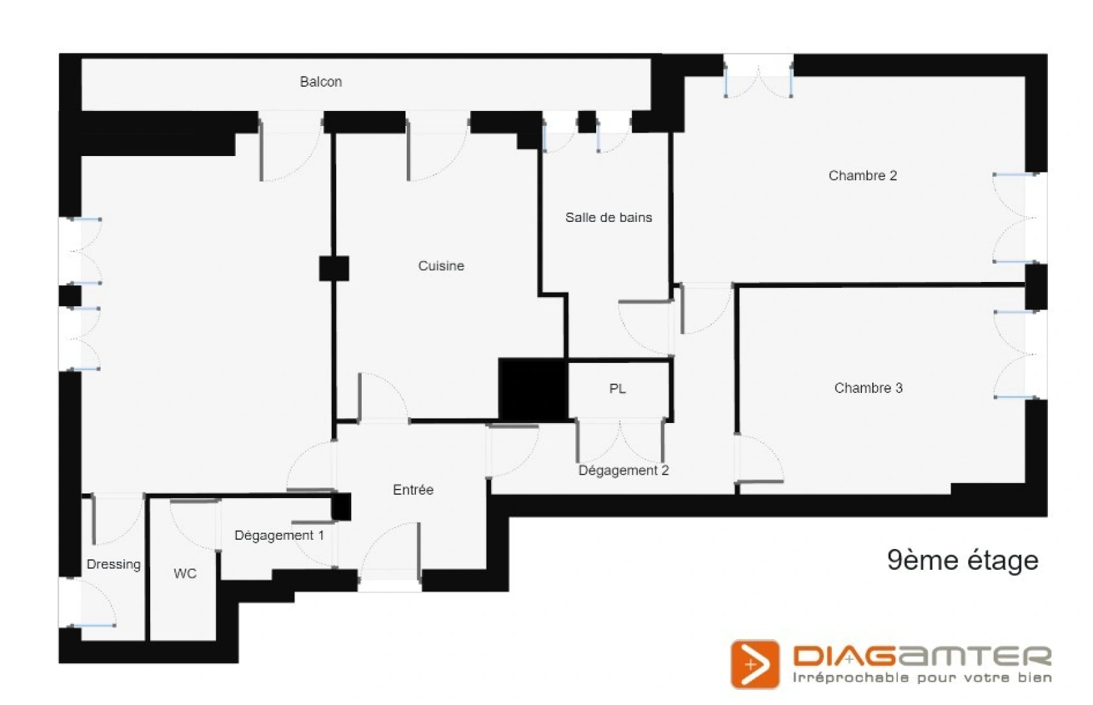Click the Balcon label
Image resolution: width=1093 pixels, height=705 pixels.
tap(321, 82)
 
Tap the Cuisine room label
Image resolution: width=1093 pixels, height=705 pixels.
tap(441, 266)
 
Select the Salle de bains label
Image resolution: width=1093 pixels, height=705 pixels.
tap(609, 217)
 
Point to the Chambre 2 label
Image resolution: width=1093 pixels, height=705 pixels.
tap(863, 176)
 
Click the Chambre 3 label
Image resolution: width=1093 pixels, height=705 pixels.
tap(868, 388)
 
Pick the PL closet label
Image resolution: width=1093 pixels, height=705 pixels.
tap(617, 389)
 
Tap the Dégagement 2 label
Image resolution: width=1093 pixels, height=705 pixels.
tap(624, 470)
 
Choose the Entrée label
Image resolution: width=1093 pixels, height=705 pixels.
tap(413, 490)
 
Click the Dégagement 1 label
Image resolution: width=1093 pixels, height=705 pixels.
tap(279, 536)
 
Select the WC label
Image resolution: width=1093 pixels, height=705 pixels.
tap(185, 574)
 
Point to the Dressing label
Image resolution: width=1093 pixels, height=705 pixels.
tap(114, 565)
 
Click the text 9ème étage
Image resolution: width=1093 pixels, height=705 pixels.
tap(962, 561)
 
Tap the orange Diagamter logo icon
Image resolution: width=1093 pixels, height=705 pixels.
tap(755, 664)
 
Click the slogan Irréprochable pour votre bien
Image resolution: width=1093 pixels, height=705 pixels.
tap(922, 678)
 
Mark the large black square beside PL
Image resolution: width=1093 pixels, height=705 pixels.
tap(533, 389)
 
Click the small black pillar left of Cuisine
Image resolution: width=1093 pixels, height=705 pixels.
tap(334, 268)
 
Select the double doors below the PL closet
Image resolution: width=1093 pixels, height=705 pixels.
tap(620, 440)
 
